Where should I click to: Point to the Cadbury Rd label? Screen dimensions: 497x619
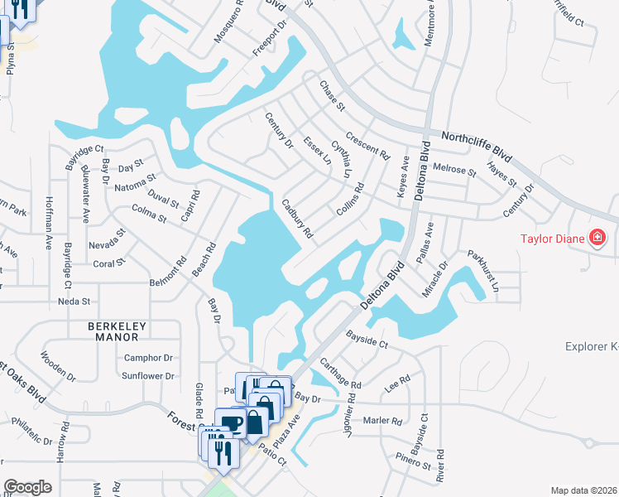[x=296, y=219]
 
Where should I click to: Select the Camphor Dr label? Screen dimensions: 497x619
[x=147, y=359]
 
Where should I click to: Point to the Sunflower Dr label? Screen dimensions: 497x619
[x=148, y=376]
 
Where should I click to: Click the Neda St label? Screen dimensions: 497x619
[x=73, y=302]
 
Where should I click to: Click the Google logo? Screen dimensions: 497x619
[x=27, y=487]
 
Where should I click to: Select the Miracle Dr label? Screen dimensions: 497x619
[x=432, y=277]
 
